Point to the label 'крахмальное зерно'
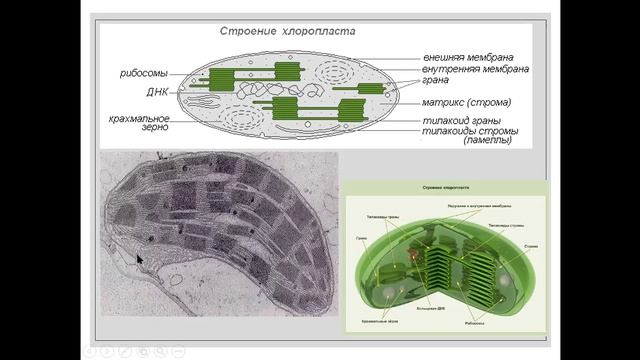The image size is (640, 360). point(139,125)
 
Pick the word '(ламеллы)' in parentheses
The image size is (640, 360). point(487,141)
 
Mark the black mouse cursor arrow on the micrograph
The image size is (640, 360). point(140,259)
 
